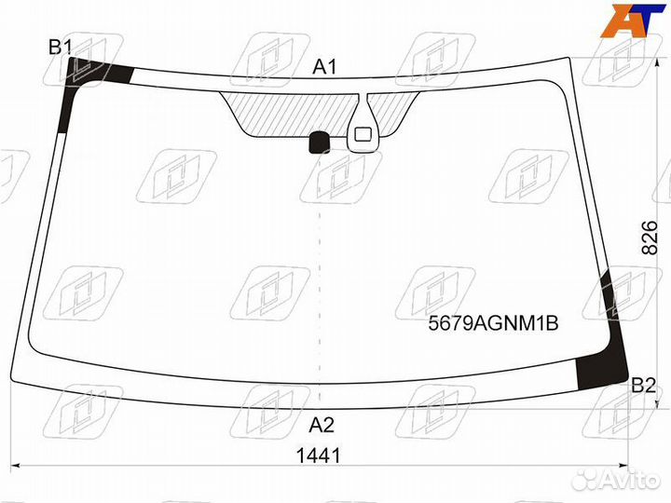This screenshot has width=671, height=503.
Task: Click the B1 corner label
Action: click(x=60, y=47)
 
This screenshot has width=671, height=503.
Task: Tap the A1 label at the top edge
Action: click(x=325, y=67)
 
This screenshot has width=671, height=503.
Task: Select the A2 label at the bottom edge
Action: click(x=322, y=425)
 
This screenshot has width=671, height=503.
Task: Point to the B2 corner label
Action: click(x=643, y=386)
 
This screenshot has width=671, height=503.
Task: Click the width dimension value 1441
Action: click(x=319, y=455)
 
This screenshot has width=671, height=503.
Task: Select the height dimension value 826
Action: click(x=650, y=238)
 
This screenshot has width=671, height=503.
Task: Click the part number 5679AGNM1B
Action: click(x=493, y=323)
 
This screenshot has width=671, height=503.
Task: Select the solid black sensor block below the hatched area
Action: click(x=320, y=143)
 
